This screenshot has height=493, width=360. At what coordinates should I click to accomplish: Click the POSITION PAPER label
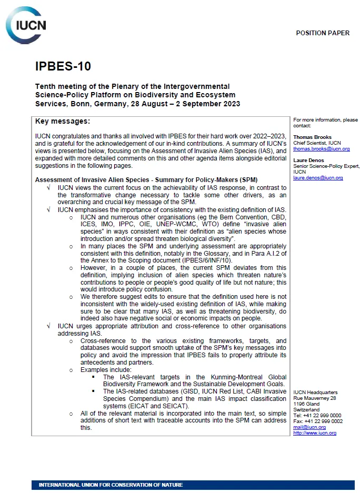point(322,33)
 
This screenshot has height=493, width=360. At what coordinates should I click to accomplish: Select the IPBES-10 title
point(63,66)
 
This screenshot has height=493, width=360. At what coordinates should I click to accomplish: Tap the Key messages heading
point(63,122)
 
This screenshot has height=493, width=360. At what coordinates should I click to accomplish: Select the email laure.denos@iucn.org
point(318,178)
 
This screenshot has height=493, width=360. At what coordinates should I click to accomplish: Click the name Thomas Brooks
point(312,137)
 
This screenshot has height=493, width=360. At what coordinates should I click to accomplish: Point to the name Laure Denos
point(309,160)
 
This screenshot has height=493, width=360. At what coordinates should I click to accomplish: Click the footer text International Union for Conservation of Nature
point(111,485)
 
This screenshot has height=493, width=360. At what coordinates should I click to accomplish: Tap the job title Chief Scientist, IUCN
point(317,143)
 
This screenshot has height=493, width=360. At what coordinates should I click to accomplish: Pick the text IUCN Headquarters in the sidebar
point(315,393)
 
